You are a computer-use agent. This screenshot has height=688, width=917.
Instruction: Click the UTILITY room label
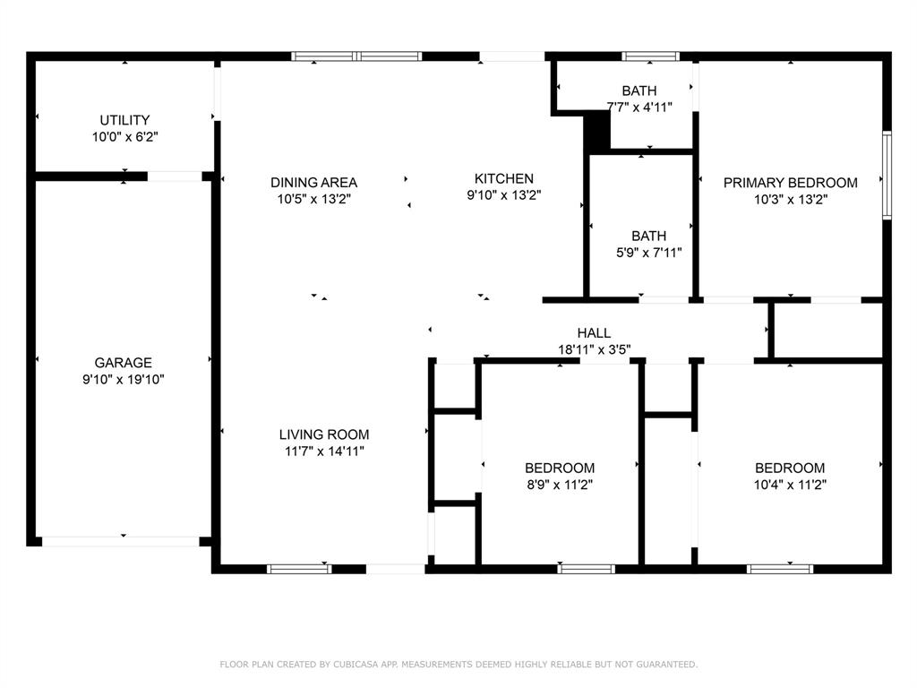coord(124,120)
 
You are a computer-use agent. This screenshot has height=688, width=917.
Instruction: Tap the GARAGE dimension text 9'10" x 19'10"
coord(124,379)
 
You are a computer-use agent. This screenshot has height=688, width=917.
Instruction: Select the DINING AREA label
coord(313,182)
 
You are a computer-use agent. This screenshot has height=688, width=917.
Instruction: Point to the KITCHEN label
coord(503,178)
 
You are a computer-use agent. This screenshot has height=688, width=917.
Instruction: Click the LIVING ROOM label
coord(324,434)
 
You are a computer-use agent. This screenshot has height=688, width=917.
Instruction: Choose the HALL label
coord(594,333)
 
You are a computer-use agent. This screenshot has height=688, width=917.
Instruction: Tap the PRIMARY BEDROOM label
coord(790,183)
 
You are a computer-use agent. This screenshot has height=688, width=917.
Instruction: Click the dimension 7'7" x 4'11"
coord(638,107)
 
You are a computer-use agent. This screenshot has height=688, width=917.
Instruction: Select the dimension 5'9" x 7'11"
coord(648,253)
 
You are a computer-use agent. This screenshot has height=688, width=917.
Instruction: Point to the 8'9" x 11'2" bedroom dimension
coord(559,485)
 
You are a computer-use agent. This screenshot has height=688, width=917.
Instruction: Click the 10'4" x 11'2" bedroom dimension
coord(789,485)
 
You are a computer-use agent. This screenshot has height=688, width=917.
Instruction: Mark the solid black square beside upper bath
coord(596,132)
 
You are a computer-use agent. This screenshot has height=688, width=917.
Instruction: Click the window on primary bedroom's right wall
coord(887,175)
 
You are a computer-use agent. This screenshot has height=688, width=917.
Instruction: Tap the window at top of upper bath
coord(650,56)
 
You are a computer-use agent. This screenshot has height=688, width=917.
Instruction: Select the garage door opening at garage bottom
coord(121,541)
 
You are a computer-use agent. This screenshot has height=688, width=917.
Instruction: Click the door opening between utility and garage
coord(175,176)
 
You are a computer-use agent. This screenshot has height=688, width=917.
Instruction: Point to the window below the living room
coord(299,568)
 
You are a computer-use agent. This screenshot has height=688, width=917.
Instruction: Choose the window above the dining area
coord(356,56)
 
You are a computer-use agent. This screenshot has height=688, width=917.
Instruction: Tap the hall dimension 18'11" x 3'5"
coord(594,350)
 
